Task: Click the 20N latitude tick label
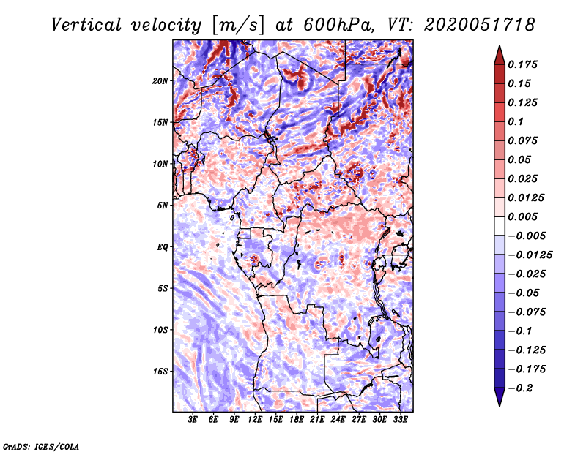[x=160, y=80]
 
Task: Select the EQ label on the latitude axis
[x=163, y=247]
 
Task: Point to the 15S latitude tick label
[x=160, y=372]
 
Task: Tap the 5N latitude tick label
[x=163, y=206]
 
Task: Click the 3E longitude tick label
[x=193, y=421]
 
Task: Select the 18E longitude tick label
[x=297, y=421]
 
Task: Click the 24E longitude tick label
[x=338, y=421]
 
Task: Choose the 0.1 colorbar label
[x=517, y=121]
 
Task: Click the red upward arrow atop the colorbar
[x=499, y=53]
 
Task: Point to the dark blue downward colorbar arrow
[x=499, y=398]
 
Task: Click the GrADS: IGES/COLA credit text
[x=41, y=445]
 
